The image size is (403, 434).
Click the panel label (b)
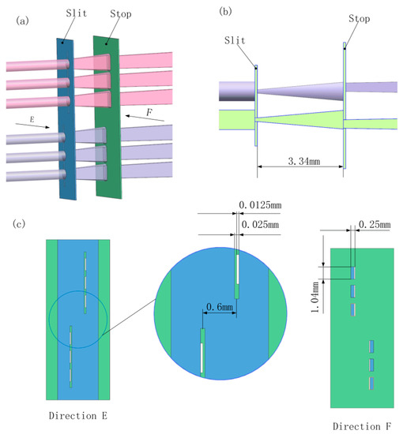(226, 13)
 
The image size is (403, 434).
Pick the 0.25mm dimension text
(374, 226)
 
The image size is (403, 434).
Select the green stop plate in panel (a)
(106, 158)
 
